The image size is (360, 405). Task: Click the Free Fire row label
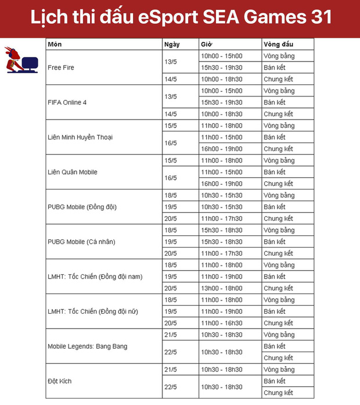(x=61, y=67)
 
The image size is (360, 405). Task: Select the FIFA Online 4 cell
(x=67, y=102)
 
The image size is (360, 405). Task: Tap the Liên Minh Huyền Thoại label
(x=80, y=137)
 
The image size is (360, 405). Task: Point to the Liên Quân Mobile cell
(x=73, y=172)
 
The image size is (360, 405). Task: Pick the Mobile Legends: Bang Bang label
(x=87, y=346)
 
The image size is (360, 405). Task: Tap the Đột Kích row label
(x=60, y=381)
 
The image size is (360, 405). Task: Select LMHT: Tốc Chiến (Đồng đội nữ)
(x=93, y=311)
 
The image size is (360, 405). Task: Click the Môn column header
(x=55, y=45)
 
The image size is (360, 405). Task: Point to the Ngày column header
(x=172, y=45)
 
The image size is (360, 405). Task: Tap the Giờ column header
(x=206, y=45)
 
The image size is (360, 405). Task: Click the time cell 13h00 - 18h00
(x=221, y=288)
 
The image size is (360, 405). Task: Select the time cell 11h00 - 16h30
(x=221, y=323)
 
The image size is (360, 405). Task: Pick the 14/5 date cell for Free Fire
(x=171, y=79)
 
